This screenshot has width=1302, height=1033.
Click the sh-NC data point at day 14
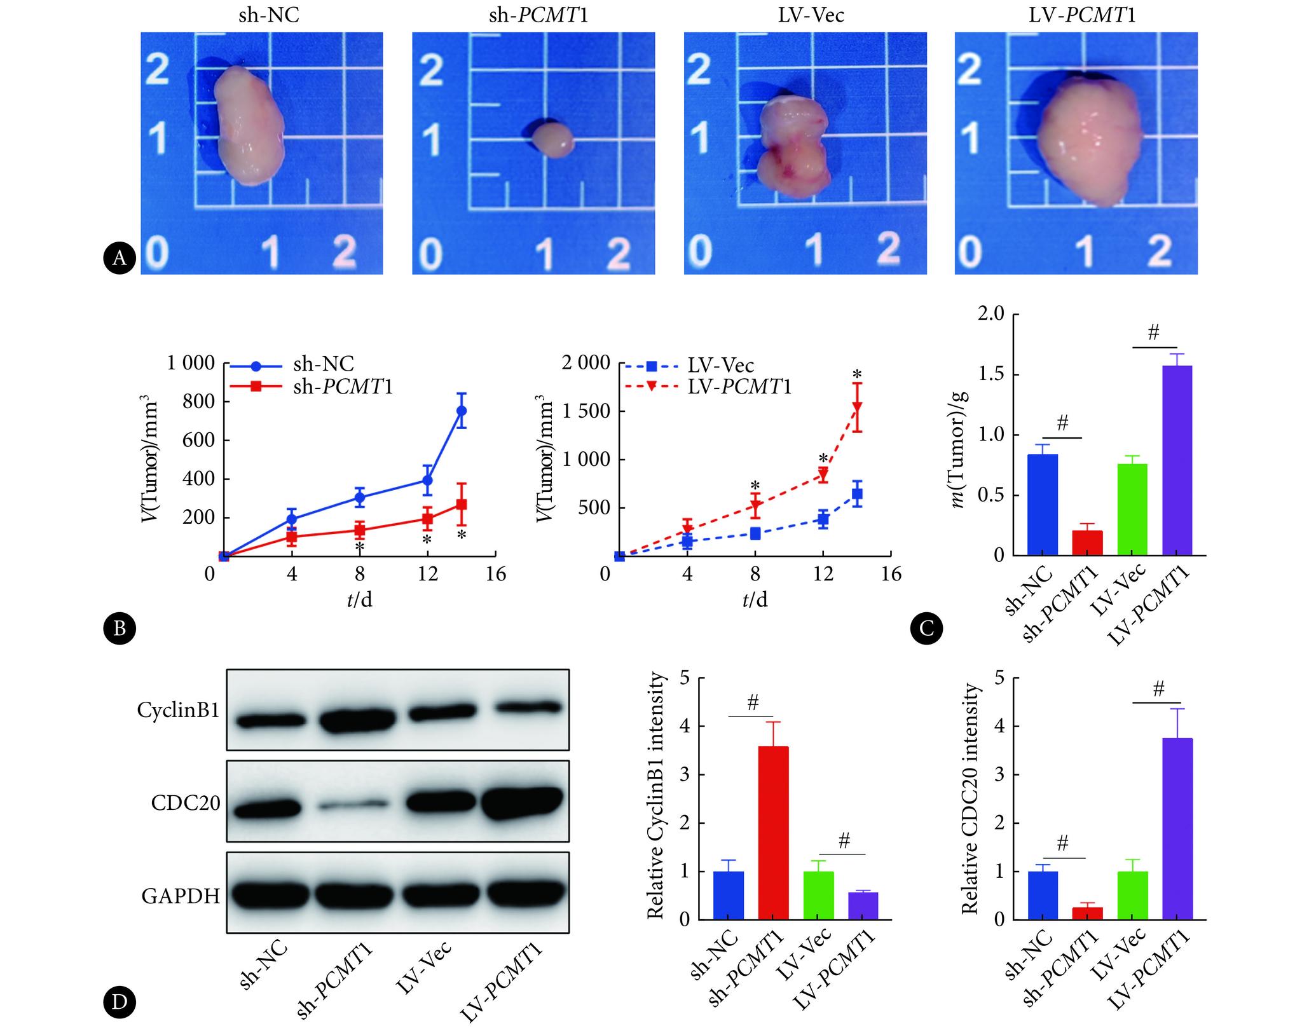(462, 411)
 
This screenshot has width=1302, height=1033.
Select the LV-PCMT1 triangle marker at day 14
(857, 407)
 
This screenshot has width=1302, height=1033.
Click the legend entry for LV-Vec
(721, 366)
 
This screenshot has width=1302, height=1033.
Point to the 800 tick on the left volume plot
(199, 402)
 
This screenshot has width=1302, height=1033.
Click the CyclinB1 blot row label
(179, 710)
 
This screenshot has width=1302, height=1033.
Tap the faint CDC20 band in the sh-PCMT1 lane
(353, 806)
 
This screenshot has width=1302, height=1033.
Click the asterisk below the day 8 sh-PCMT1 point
(360, 548)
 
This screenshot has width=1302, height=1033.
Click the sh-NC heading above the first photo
(269, 15)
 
